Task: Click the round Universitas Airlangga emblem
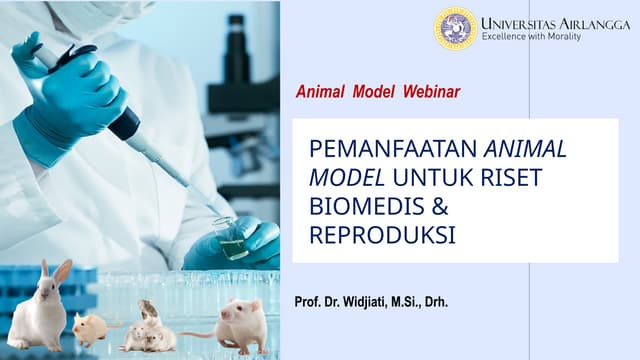[455, 28]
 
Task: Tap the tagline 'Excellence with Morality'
[531, 37]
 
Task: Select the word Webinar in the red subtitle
[431, 92]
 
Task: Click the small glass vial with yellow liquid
[232, 240]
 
